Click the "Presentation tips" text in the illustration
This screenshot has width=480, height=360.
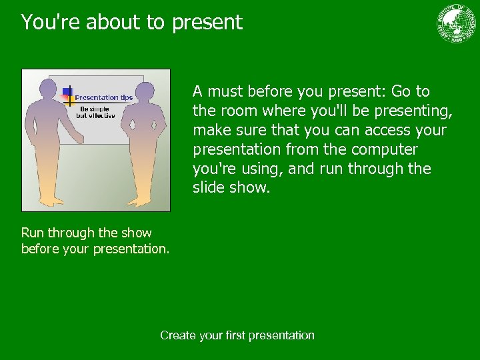103,97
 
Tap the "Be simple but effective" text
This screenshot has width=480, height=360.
95,112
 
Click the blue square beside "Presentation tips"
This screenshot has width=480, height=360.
67,92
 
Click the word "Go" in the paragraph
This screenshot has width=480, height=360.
402,91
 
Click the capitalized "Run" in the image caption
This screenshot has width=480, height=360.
32,233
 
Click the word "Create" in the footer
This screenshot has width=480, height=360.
178,335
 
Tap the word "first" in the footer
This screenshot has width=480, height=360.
235,335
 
